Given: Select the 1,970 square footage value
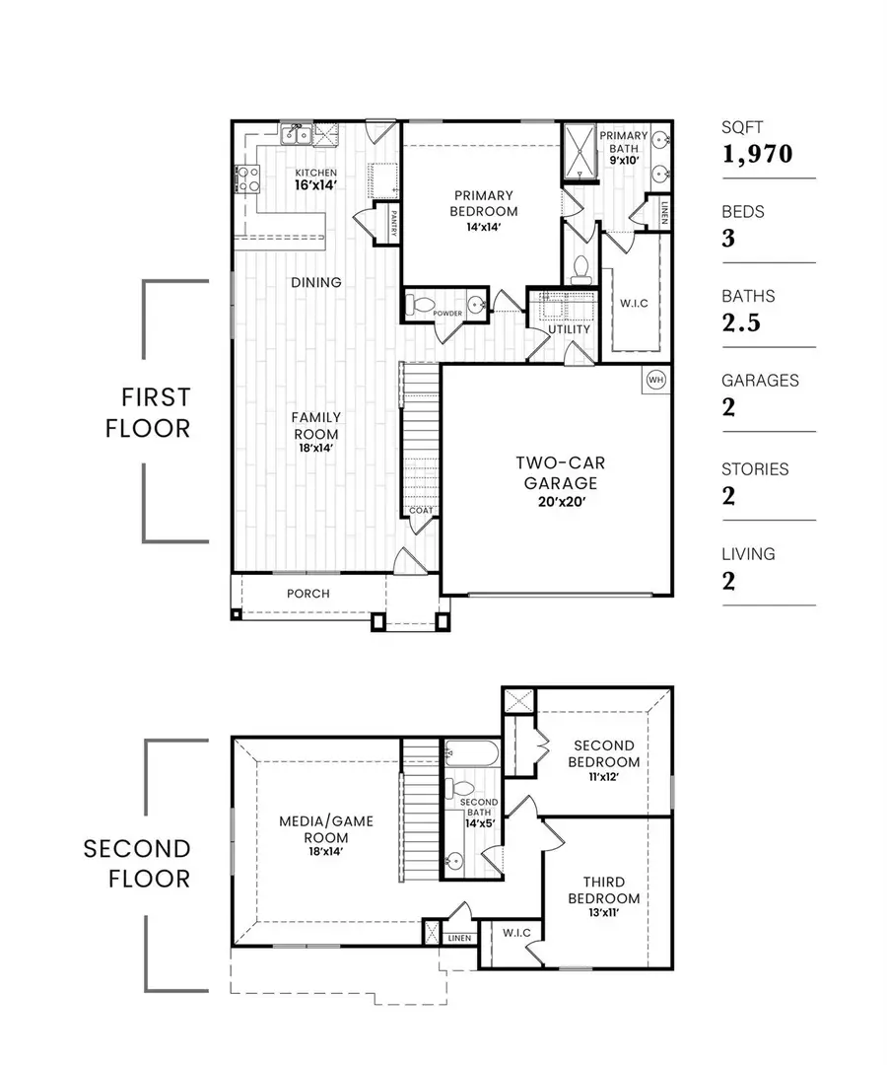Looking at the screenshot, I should [757, 153].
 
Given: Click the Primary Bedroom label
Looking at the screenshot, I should [483, 202].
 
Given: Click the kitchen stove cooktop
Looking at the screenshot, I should [247, 178].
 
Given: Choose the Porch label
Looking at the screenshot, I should [308, 594].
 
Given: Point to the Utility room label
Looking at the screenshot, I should [570, 329].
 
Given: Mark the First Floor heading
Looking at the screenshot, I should [156, 413].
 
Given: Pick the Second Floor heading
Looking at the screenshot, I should [137, 863].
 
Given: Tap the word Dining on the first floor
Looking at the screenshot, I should [316, 282].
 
